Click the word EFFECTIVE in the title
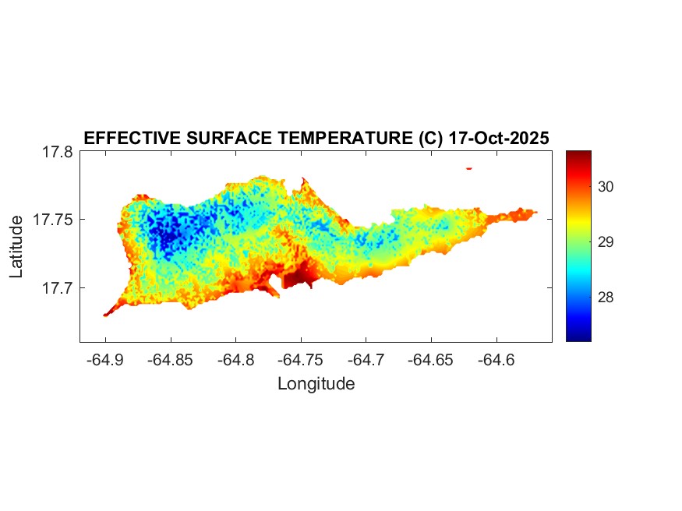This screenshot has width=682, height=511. click(x=132, y=138)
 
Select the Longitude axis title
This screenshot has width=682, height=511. click(x=316, y=383)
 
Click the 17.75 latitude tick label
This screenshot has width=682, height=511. click(x=53, y=220)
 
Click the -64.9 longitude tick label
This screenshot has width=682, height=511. click(x=106, y=360)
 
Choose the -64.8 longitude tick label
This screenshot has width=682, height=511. click(x=236, y=360)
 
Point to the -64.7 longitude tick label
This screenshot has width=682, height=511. click(x=366, y=360)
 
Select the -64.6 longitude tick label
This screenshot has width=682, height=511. click(x=496, y=360)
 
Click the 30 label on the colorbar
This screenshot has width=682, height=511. click(x=606, y=187)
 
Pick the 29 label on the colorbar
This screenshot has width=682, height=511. click(x=606, y=242)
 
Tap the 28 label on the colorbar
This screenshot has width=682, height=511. click(x=606, y=298)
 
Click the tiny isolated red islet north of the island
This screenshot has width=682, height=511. click(x=469, y=167)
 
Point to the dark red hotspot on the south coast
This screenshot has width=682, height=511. click(x=300, y=275)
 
